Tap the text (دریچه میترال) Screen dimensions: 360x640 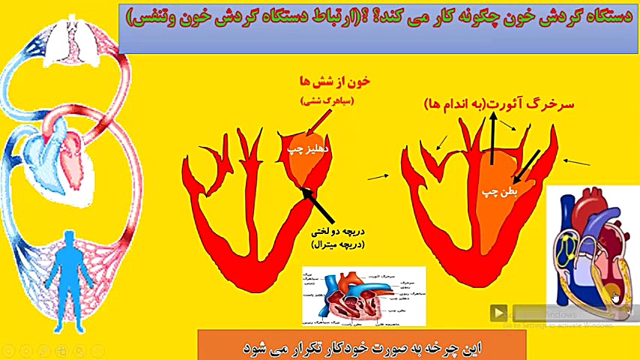click(x=337, y=244)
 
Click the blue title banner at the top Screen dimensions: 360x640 click(x=375, y=28)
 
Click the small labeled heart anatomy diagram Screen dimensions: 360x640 click(x=363, y=296)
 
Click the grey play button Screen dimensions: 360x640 click(x=498, y=313)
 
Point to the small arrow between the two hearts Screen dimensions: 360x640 click(x=378, y=177)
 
